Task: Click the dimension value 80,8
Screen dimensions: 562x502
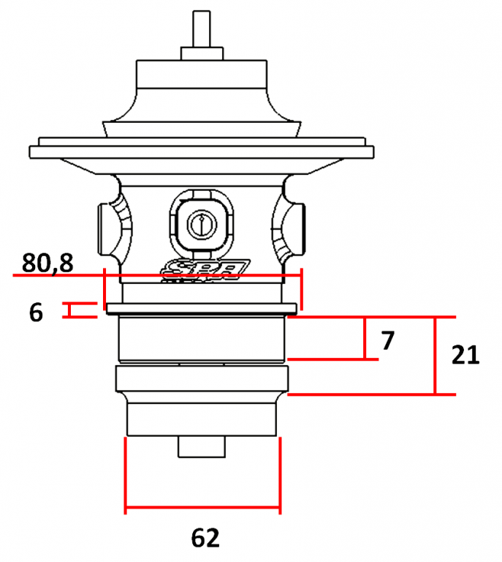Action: point(47,262)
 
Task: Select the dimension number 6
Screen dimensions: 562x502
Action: point(36,312)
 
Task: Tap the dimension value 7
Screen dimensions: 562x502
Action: point(388,340)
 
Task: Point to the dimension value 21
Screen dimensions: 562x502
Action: point(465,356)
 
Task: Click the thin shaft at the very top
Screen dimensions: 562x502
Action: point(202,29)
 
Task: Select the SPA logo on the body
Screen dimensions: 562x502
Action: point(206,269)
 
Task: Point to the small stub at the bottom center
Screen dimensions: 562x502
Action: point(202,446)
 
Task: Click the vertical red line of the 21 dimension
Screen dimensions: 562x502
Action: point(436,356)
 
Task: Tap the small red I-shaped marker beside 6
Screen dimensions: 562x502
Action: point(70,310)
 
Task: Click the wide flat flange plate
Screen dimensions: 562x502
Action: point(202,152)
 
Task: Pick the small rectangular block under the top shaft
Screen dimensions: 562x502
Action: point(202,53)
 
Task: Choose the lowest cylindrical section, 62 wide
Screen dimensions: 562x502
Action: point(202,417)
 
